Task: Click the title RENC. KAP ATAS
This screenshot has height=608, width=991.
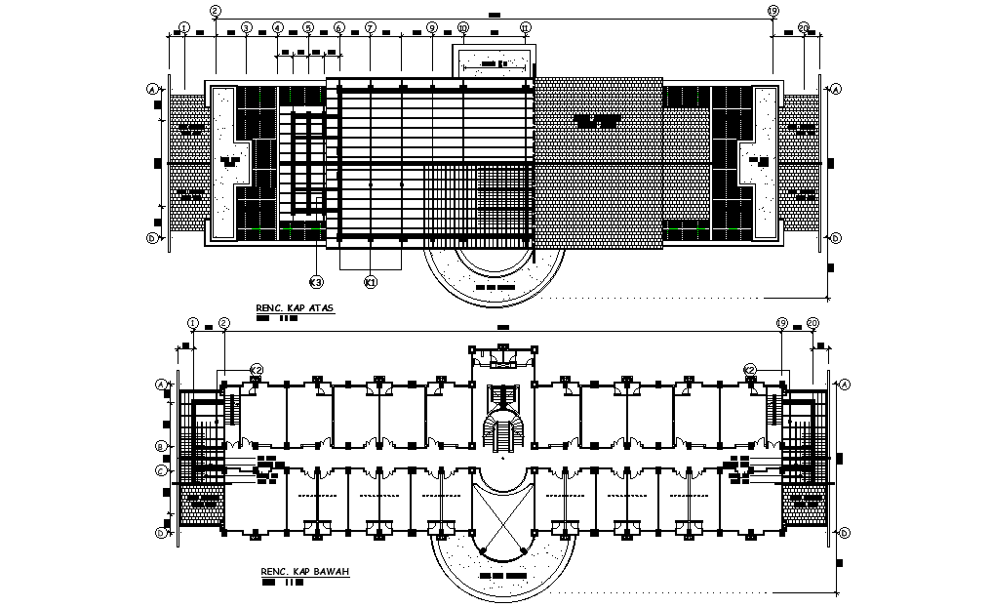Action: (x=295, y=308)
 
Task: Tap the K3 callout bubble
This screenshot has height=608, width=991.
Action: (x=316, y=282)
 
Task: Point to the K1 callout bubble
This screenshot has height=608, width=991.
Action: (x=370, y=282)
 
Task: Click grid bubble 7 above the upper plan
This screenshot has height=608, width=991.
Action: (x=370, y=27)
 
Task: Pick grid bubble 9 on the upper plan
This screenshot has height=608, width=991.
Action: (x=431, y=27)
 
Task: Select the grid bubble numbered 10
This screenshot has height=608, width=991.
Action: (x=462, y=27)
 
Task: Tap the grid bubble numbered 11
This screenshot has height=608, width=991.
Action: (x=526, y=27)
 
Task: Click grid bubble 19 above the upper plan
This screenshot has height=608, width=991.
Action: (x=773, y=11)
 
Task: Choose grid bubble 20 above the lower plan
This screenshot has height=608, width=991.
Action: (x=813, y=322)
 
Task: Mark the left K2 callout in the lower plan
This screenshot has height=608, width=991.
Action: (x=256, y=369)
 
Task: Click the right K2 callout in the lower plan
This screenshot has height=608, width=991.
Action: (x=749, y=369)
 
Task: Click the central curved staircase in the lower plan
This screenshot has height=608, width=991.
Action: (x=502, y=430)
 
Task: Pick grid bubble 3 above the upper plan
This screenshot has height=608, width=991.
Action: (x=247, y=27)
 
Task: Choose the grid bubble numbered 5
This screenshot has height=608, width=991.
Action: (x=308, y=27)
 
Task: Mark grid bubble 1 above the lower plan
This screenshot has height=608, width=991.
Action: (x=192, y=322)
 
